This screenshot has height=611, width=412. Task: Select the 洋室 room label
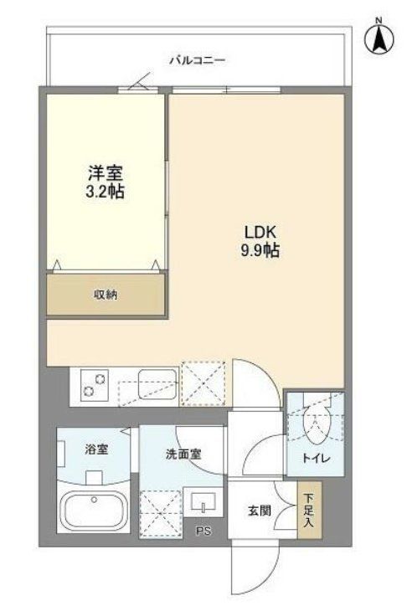(x=106, y=174)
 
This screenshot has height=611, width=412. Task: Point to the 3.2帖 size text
(x=106, y=192)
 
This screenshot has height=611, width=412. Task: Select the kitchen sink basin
(x=157, y=385)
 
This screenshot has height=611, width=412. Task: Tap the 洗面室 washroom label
(x=182, y=454)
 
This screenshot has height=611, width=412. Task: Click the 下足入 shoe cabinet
(x=308, y=508)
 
